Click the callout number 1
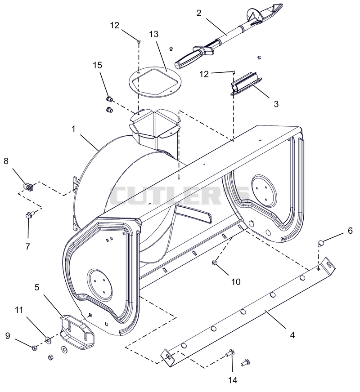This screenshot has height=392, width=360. tap(73, 129)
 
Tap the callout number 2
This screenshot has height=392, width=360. tap(199, 13)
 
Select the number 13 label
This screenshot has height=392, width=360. tap(154, 34)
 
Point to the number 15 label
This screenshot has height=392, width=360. tap(98, 65)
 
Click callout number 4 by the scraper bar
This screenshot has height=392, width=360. tap(292, 335)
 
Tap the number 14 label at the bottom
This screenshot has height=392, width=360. tap(233, 380)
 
